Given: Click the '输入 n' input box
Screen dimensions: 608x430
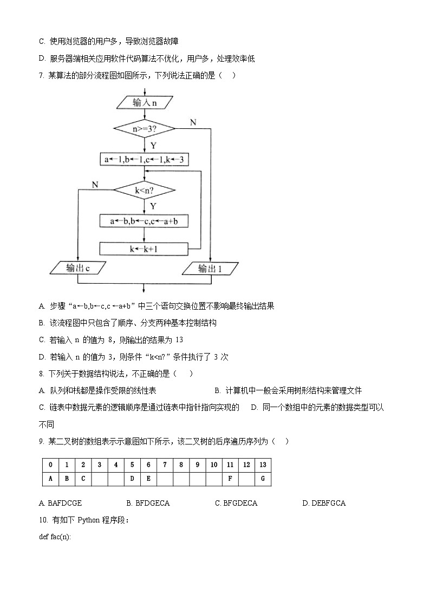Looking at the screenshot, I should (x=144, y=102).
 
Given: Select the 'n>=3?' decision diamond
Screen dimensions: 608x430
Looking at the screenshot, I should (x=144, y=129).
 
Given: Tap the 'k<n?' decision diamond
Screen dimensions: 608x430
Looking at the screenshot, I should (x=144, y=190).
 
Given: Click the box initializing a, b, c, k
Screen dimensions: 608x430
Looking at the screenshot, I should (x=144, y=160).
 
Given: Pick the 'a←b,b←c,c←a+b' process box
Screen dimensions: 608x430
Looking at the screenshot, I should (x=144, y=221).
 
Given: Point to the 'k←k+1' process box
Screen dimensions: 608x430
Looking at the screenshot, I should (x=144, y=249).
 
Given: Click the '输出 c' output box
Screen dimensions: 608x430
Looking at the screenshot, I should (x=77, y=267).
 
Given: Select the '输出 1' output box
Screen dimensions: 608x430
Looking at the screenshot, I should (x=210, y=268).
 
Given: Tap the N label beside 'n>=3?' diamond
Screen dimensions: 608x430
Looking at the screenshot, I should (x=193, y=122).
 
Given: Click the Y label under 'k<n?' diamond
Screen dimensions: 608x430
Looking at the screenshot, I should (x=153, y=206).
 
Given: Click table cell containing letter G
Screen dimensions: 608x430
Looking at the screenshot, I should (x=263, y=479).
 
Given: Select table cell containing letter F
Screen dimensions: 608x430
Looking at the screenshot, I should (x=230, y=479).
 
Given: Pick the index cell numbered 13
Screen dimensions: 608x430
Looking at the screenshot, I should (x=263, y=465).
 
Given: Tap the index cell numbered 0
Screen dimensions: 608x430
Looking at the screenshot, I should (x=50, y=465).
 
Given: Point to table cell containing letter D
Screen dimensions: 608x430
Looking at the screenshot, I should (x=132, y=479).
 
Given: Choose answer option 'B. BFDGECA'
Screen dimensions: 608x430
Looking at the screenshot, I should (x=148, y=503).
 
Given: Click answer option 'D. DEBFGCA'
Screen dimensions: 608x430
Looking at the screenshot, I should (x=324, y=503).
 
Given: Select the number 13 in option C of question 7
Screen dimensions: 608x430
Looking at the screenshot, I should (x=180, y=340).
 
